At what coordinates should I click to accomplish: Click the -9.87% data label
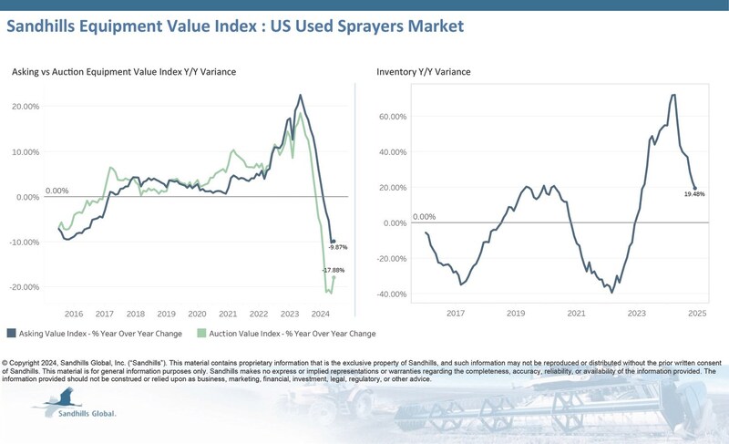point(338,247)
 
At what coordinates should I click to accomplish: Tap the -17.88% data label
point(334,270)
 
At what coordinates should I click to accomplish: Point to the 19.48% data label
point(694,194)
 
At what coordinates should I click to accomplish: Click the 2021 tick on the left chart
point(228,314)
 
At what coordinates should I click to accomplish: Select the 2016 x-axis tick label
point(74,314)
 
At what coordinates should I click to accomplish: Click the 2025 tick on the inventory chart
point(697,314)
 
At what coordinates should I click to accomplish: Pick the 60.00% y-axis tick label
point(393,117)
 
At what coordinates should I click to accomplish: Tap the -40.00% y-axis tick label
point(392,294)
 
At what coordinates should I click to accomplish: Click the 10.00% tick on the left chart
point(26,152)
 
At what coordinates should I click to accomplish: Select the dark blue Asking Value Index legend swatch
point(11,333)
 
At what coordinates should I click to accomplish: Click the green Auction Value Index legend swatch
point(201,333)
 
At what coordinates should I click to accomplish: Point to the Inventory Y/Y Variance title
point(424,72)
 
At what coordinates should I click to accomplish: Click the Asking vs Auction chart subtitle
point(124,72)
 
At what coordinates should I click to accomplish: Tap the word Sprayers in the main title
point(371,26)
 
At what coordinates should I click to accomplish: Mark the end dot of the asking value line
point(334,242)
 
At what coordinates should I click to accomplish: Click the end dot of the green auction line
point(334,277)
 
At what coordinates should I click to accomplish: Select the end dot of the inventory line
point(695,189)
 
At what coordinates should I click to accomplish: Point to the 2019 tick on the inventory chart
point(516,314)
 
